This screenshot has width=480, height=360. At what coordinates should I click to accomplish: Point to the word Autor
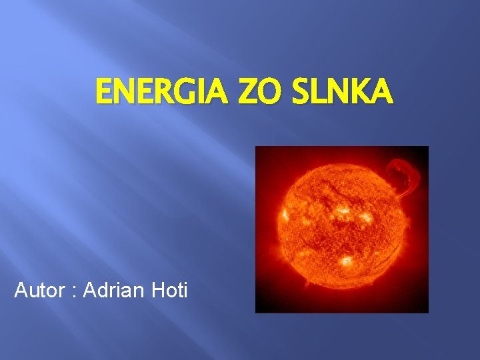pos(39,291)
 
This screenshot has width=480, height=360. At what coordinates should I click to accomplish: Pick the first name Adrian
pos(113,291)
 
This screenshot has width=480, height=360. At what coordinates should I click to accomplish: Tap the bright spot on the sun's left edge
pos(285,215)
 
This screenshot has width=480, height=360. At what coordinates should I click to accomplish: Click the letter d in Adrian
pos(100,291)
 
